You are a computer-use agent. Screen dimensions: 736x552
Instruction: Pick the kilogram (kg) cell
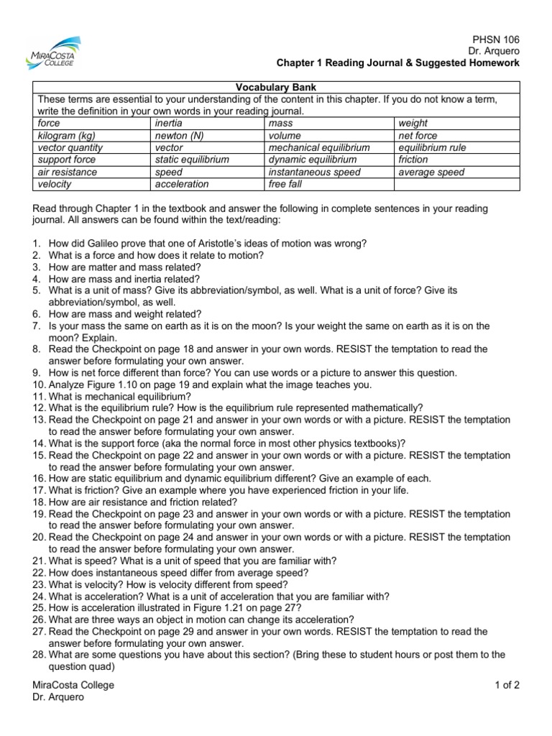click(x=67, y=136)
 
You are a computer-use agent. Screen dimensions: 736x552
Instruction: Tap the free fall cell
click(x=287, y=185)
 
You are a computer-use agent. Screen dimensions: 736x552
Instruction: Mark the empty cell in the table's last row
click(x=456, y=185)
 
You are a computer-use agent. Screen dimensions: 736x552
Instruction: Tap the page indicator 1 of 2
click(x=507, y=685)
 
